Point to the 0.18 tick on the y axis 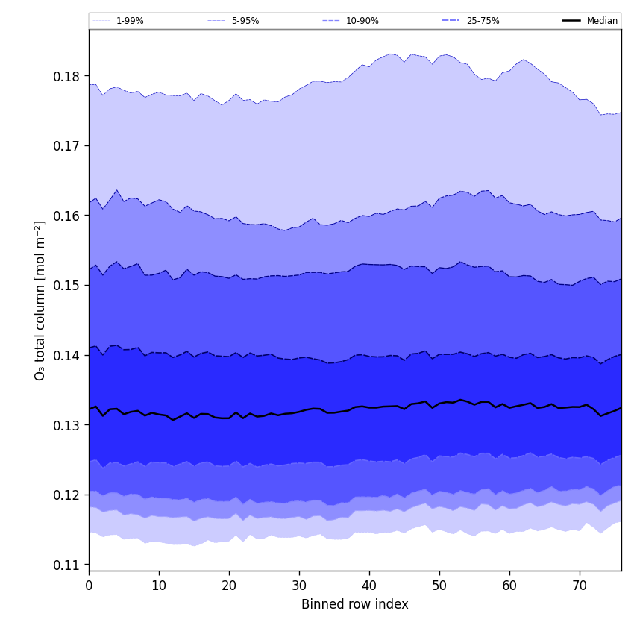pyautogui.click(x=66, y=76)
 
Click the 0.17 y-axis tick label pyautogui.click(x=66, y=145)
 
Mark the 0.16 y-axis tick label pyautogui.click(x=66, y=216)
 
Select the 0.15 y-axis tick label pyautogui.click(x=66, y=286)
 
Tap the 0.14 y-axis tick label pyautogui.click(x=66, y=356)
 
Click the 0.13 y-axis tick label pyautogui.click(x=66, y=425)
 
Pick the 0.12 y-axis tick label pyautogui.click(x=66, y=495)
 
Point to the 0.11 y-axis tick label pyautogui.click(x=66, y=565)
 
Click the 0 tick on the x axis pyautogui.click(x=89, y=586)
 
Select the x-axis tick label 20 pyautogui.click(x=229, y=586)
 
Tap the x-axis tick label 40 pyautogui.click(x=369, y=586)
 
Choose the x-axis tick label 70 pyautogui.click(x=580, y=586)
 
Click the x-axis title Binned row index pyautogui.click(x=355, y=605)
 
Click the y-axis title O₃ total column pyautogui.click(x=40, y=300)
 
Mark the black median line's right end pyautogui.click(x=621, y=407)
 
